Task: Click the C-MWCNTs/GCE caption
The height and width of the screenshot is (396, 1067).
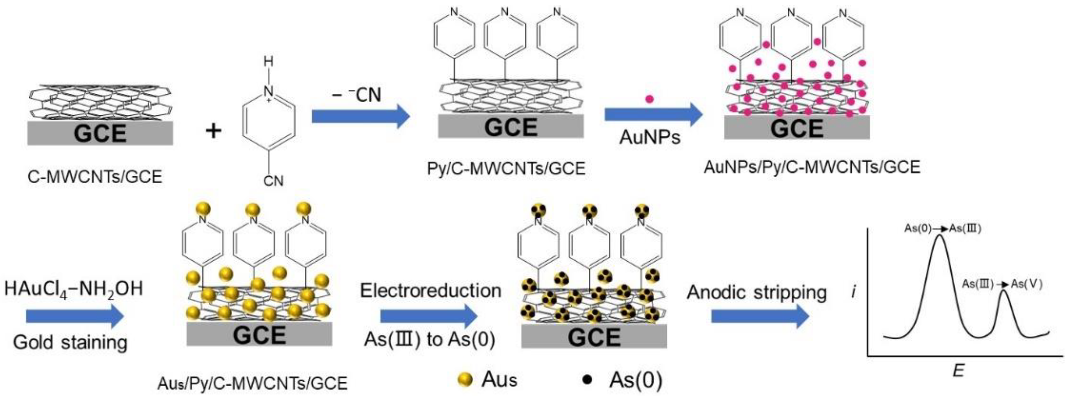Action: pos(95,177)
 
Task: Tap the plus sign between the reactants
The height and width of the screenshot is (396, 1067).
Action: pos(214,132)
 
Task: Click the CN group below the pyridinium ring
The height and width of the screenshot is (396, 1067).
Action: pos(273,181)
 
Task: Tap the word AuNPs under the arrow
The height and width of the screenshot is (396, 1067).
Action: pos(650,137)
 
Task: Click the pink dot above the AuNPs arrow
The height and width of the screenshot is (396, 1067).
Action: pos(650,99)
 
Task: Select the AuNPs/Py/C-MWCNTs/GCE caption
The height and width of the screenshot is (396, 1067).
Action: pos(812,167)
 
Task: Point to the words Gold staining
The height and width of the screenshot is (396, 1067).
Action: pos(70,342)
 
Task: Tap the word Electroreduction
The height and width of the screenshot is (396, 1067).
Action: pos(430,291)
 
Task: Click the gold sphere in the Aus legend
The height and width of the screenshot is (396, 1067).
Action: pos(466,380)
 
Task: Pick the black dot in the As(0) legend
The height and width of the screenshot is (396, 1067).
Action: pos(587,380)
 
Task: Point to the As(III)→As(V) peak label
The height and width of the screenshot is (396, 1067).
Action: pos(1002,284)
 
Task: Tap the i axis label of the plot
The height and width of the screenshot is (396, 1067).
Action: pos(854,293)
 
